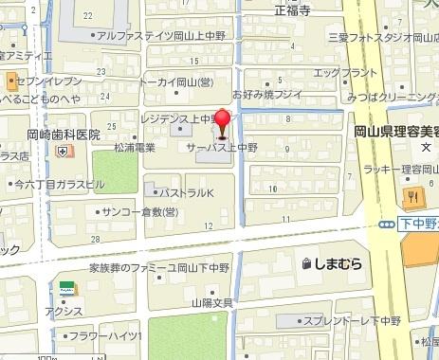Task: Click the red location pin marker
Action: pos(223,124)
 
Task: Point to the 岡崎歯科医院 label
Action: pos(63,135)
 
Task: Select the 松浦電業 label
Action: pos(133,149)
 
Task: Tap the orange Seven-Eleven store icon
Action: pos(9,81)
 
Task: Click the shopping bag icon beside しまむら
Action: pos(307,263)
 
